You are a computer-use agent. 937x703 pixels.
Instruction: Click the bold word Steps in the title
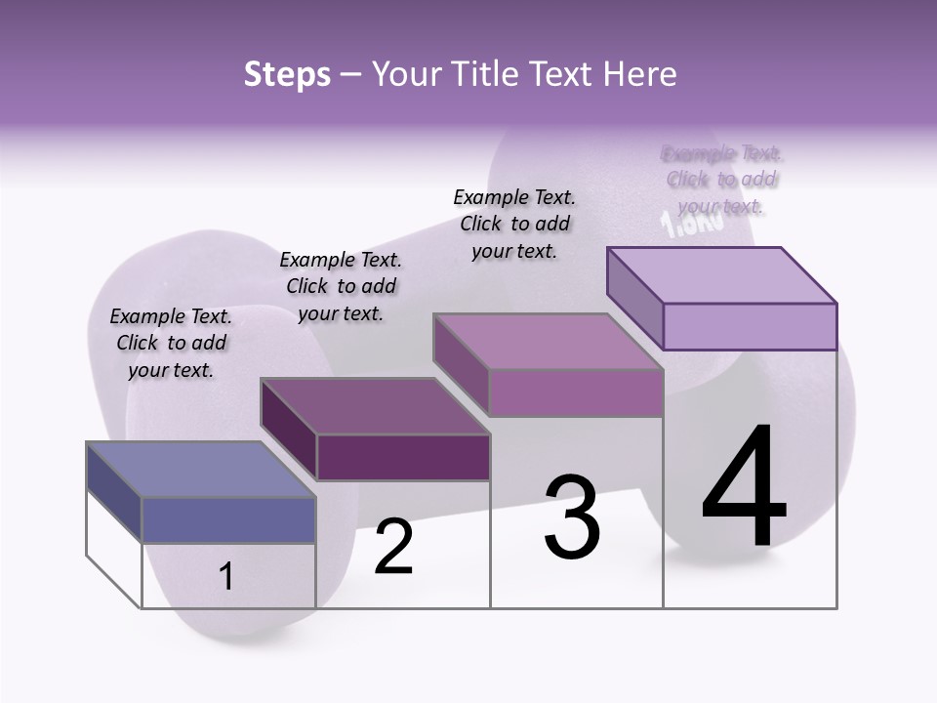coord(287,74)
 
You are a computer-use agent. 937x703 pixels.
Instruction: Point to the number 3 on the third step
coord(572,517)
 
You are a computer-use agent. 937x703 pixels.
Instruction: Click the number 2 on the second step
coord(394,547)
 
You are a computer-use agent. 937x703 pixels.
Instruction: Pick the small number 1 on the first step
coord(225,576)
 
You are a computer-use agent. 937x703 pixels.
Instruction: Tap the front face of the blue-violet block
coord(228,519)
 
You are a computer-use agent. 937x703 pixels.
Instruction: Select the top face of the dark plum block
coord(375,406)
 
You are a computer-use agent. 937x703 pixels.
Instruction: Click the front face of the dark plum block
coord(403,457)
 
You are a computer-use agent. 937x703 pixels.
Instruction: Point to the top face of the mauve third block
coord(548,342)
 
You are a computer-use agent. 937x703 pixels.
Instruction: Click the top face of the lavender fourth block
coord(721,275)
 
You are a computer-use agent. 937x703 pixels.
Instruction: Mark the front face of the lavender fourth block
coord(750,326)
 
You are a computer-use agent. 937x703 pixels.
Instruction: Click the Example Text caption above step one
coord(171,343)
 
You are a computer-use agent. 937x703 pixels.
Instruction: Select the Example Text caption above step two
coord(341,286)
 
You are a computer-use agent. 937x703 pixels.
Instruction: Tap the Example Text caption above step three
coord(514,224)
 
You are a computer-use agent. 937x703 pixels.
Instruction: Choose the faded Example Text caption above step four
coord(722,180)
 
